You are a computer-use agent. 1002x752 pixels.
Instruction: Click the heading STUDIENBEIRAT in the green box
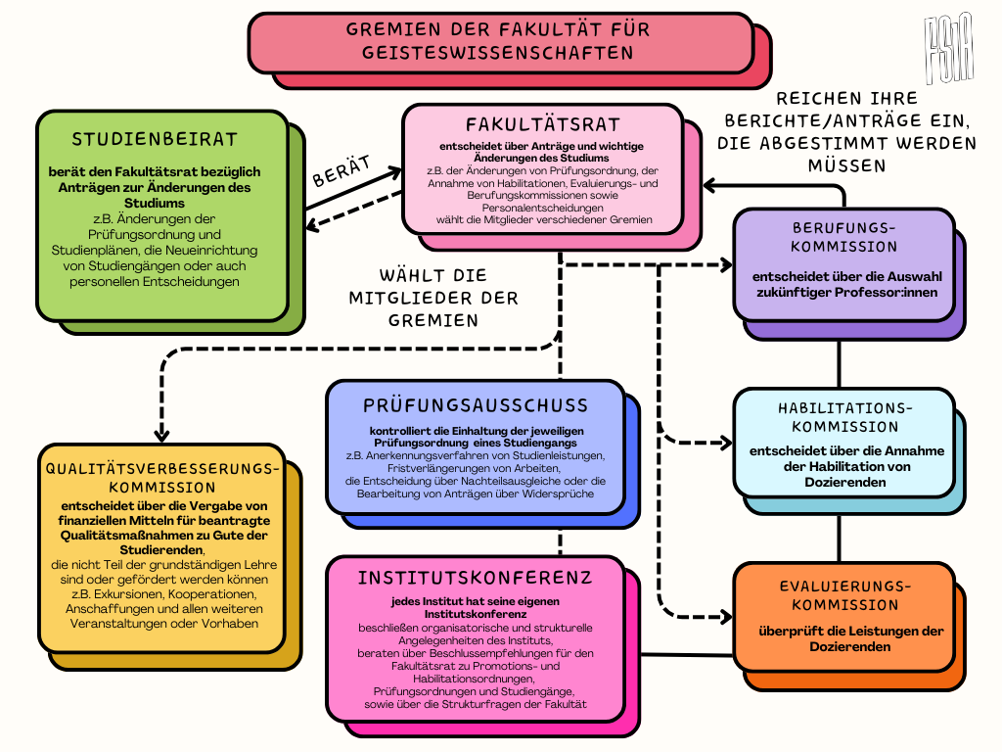click(155, 140)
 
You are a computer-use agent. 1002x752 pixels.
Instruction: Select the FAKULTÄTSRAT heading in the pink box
click(543, 125)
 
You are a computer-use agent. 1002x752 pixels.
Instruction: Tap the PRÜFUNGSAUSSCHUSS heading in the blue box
click(476, 405)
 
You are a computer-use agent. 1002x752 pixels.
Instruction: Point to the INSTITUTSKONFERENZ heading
click(475, 578)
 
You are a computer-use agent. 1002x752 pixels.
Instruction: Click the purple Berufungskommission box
click(843, 264)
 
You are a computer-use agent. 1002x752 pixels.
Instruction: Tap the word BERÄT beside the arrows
click(341, 172)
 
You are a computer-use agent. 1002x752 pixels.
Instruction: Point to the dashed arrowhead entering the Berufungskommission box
click(726, 264)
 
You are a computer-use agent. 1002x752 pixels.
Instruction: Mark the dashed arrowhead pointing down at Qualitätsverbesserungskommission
click(162, 435)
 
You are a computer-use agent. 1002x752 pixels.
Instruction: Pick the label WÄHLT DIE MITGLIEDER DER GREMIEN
click(434, 298)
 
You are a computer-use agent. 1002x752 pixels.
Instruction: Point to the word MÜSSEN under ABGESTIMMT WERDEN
click(847, 166)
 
